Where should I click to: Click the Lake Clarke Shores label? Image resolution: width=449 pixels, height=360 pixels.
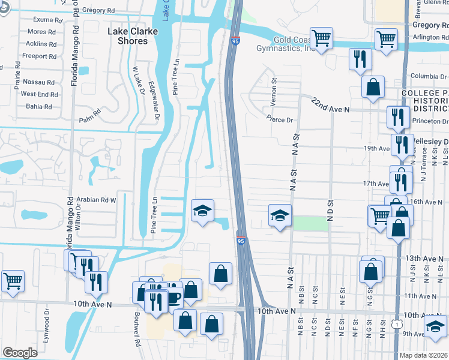click(x=127, y=36)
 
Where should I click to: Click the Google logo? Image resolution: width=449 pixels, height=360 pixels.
click(x=20, y=352)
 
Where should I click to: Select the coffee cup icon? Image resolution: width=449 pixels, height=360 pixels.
click(x=173, y=297)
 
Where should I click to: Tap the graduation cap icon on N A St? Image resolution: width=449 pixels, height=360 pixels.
click(x=279, y=215)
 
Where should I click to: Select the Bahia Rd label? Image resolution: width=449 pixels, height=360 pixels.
click(x=41, y=106)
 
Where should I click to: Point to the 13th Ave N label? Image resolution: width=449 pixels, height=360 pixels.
click(x=423, y=258)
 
